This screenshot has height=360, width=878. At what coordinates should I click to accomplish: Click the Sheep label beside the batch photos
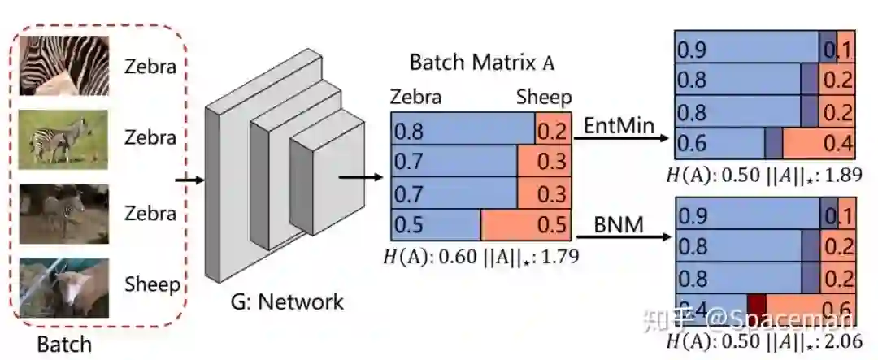[151, 284]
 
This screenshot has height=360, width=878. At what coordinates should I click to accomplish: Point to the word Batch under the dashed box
[64, 344]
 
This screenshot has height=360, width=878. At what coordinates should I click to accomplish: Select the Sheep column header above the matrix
[544, 98]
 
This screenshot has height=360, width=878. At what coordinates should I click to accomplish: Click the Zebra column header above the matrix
[416, 98]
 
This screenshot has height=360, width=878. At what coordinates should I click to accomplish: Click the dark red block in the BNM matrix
[757, 304]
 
